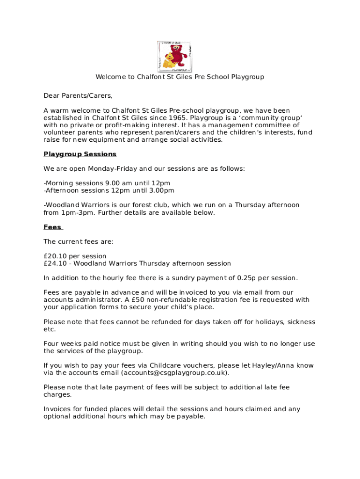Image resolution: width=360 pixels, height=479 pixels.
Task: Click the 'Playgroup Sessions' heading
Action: pyautogui.click(x=79, y=154)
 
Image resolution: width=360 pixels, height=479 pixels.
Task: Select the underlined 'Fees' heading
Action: pyautogui.click(x=52, y=227)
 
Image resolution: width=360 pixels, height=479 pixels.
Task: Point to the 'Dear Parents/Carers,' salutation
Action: pyautogui.click(x=78, y=95)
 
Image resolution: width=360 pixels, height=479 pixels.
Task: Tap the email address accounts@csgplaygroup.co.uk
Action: pyautogui.click(x=175, y=373)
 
